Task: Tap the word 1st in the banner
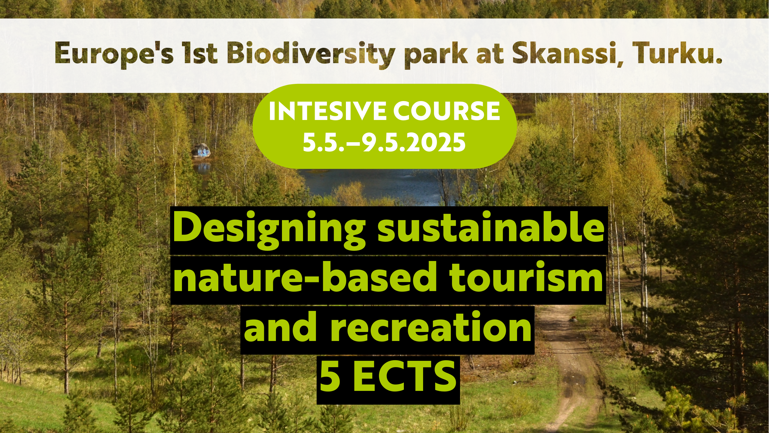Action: [201, 53]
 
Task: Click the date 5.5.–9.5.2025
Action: [384, 142]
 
